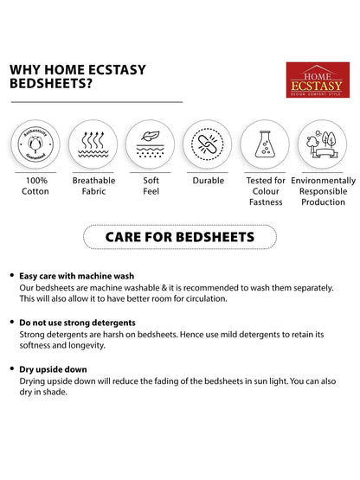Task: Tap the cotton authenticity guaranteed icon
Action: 35,143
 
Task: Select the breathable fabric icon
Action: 93,143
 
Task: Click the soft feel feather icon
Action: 150,143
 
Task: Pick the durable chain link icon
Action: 207,143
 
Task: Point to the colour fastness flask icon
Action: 265,143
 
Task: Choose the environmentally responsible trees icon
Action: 322,143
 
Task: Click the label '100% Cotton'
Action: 35,186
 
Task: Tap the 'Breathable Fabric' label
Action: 93,186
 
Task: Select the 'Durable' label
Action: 207,181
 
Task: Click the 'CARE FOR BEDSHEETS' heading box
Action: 179,236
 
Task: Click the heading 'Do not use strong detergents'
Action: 76,321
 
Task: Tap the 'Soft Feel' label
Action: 150,186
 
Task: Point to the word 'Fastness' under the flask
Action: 266,202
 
